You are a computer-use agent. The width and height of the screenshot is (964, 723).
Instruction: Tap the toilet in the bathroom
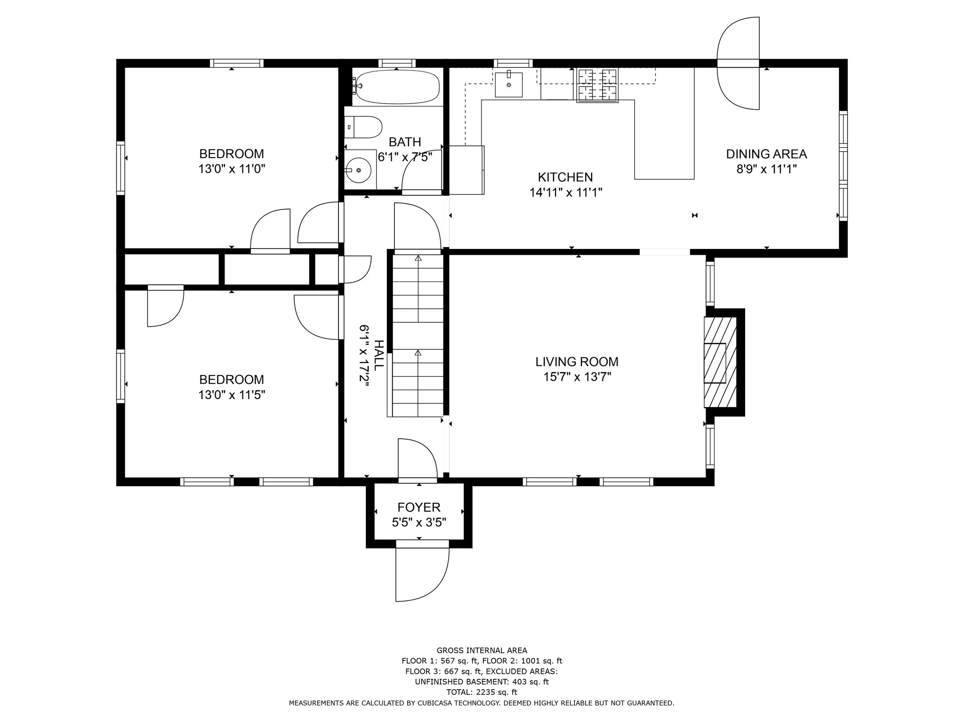click(x=363, y=127)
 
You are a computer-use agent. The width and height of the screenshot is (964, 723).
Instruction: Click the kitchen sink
click(x=509, y=85)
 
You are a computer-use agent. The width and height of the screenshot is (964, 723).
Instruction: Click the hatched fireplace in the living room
click(x=720, y=362)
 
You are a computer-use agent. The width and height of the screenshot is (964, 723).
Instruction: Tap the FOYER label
click(x=419, y=507)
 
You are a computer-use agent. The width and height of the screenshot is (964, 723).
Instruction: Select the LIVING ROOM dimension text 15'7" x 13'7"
click(x=577, y=377)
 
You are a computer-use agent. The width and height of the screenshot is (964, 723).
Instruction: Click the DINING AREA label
click(x=766, y=154)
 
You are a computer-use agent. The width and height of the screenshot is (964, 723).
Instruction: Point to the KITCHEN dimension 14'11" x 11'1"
click(x=565, y=193)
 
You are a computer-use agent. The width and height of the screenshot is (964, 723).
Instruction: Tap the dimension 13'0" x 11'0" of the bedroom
click(x=232, y=169)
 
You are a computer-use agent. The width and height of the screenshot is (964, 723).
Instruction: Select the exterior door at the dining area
click(x=738, y=64)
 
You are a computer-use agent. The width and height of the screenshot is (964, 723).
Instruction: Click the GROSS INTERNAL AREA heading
click(x=482, y=651)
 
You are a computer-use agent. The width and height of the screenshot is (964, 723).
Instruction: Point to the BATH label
click(x=405, y=142)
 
